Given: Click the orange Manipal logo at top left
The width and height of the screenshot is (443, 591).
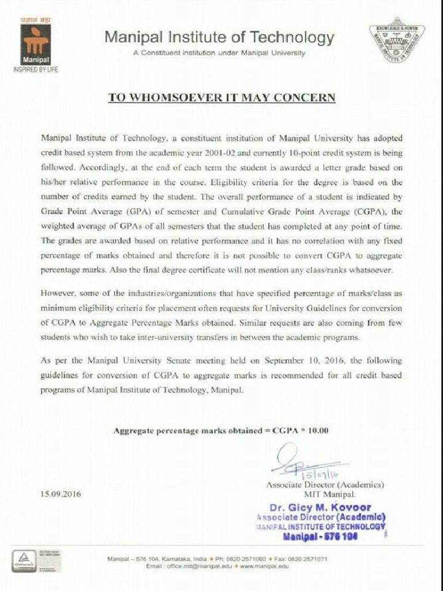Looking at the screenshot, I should pos(36,44).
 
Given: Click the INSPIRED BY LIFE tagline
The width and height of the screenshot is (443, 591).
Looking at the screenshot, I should pos(36,69).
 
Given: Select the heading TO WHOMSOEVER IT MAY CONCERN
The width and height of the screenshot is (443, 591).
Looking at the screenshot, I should pos(221,98).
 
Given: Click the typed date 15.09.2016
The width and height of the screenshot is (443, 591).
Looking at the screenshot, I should pos(61,495).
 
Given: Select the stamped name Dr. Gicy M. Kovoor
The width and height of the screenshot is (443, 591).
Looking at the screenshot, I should pos(321,508).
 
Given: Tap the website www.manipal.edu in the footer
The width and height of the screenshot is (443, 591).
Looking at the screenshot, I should pos(265,566).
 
